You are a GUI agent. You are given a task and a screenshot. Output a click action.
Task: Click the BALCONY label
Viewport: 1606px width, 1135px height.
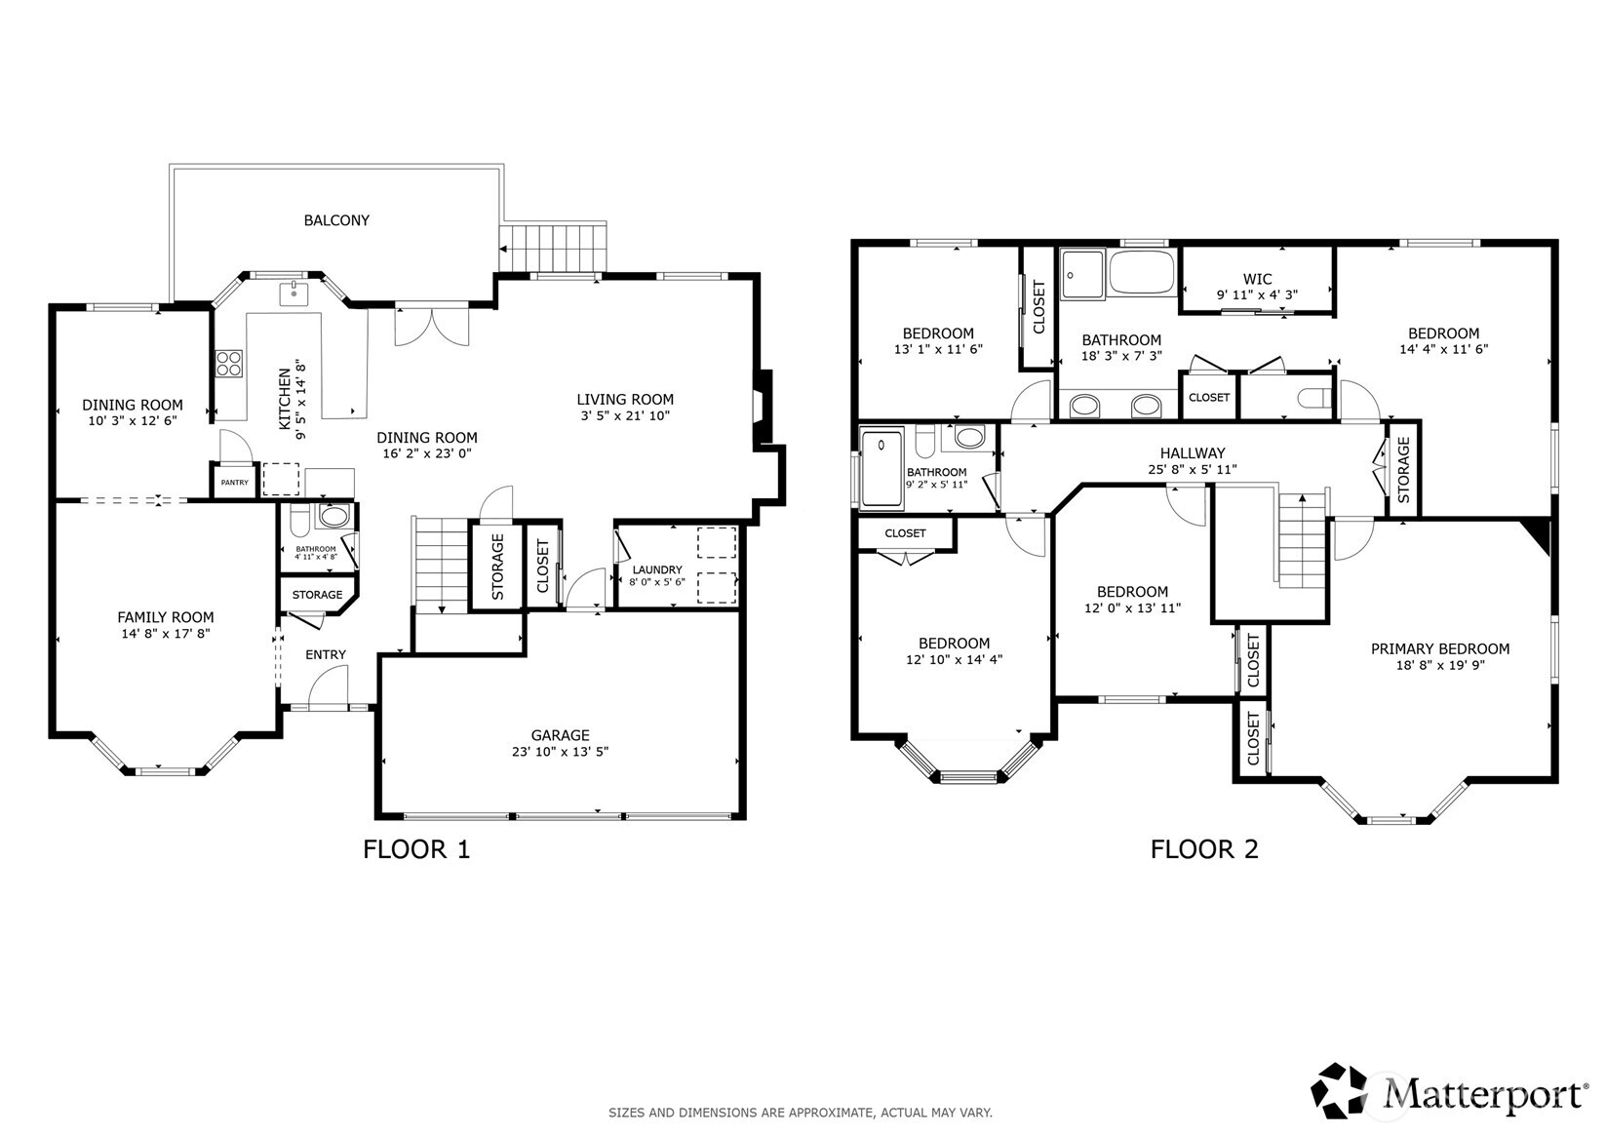click(x=336, y=220)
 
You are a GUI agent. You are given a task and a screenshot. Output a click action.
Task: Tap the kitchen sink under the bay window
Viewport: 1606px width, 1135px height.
click(x=294, y=294)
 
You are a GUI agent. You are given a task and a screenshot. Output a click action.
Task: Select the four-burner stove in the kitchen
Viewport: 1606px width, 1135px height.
click(x=229, y=364)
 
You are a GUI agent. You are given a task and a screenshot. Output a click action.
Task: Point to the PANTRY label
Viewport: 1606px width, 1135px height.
click(x=234, y=483)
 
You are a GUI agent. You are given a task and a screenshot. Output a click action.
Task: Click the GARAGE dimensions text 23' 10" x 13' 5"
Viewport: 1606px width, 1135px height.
click(x=560, y=752)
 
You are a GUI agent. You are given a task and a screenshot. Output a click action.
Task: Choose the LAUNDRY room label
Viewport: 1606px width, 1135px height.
click(x=657, y=569)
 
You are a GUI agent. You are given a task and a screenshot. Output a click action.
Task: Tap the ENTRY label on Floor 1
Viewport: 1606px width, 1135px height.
click(x=326, y=654)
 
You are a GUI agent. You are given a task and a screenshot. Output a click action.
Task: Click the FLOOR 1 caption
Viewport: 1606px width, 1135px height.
click(x=415, y=849)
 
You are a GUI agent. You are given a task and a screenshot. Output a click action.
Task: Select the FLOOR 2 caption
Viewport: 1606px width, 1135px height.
click(x=1204, y=849)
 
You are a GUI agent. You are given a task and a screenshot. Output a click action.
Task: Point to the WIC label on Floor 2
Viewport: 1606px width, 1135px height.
click(x=1258, y=279)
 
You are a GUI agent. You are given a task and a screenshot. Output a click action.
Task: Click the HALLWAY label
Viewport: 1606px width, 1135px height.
click(x=1193, y=453)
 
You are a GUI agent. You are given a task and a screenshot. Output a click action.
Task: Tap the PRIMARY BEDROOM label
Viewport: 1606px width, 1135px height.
click(x=1439, y=648)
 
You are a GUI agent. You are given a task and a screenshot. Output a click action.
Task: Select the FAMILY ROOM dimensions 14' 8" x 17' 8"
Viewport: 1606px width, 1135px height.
click(x=166, y=633)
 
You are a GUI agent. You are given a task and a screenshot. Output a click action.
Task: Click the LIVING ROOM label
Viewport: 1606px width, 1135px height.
click(x=625, y=400)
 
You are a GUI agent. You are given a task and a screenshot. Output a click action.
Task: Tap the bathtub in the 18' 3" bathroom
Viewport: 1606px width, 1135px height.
click(x=1142, y=272)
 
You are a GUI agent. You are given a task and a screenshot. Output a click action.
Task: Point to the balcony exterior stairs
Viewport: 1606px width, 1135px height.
click(x=553, y=248)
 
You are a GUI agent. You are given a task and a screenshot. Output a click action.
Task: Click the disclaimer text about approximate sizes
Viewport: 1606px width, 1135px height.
click(x=801, y=1113)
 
